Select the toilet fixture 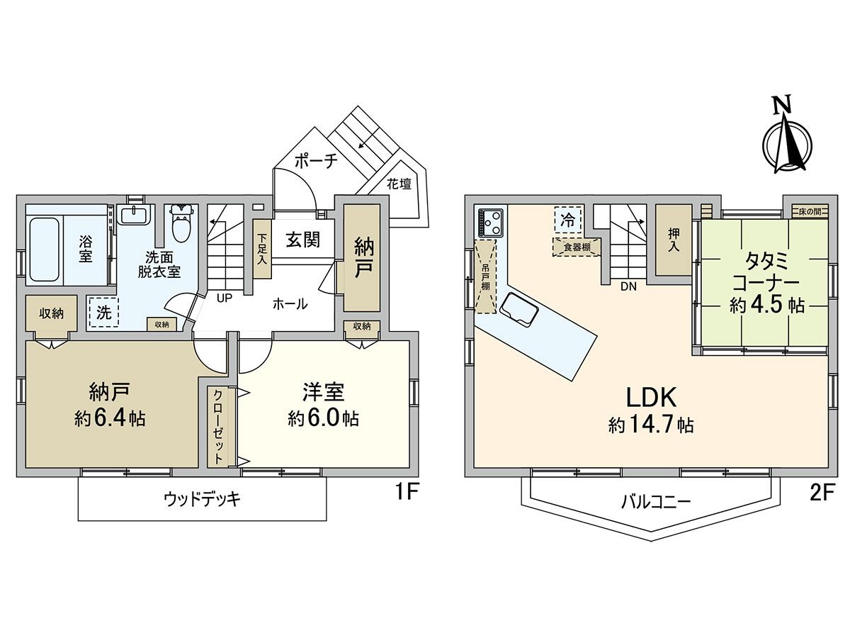[x=181, y=224]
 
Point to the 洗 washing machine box [x=103, y=313]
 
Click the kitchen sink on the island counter [x=518, y=311]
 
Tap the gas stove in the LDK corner [x=490, y=222]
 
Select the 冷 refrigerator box [x=567, y=220]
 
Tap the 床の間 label [x=809, y=211]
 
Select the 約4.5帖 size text [x=766, y=306]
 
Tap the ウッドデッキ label [x=202, y=500]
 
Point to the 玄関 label [x=302, y=240]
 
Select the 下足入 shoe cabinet [x=262, y=249]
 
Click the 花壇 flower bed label [x=399, y=184]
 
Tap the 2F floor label [x=825, y=490]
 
